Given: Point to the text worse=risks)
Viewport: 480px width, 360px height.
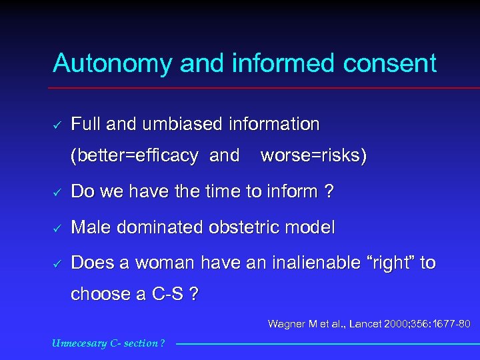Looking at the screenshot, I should tap(313, 156).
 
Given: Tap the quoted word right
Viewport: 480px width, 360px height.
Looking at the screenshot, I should tap(391, 263).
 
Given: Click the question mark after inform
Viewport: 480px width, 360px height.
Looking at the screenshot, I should tap(328, 192).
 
